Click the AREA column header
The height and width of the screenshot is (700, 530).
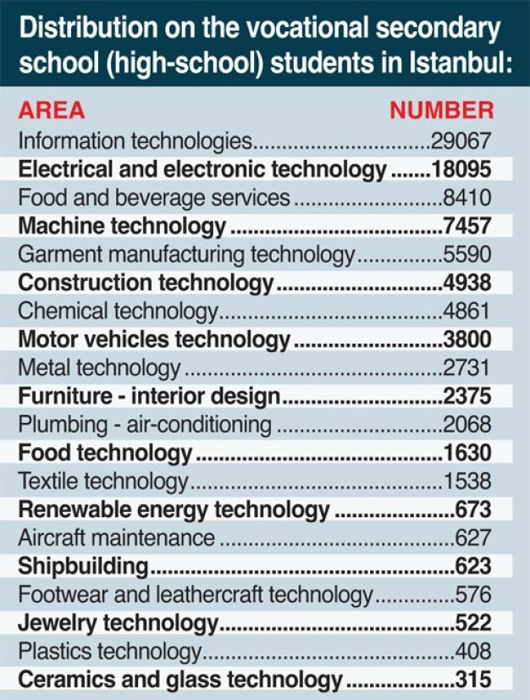tap(52, 111)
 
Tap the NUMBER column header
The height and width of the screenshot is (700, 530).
tap(440, 111)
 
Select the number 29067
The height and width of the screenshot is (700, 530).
tap(461, 141)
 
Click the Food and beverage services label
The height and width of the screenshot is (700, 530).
tap(154, 198)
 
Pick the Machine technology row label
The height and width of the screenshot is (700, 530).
tap(122, 226)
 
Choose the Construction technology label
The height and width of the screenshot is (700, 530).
tap(146, 283)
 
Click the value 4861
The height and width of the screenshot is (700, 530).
tap(467, 311)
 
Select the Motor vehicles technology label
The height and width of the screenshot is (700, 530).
tap(154, 339)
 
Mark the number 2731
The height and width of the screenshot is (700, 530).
tap(467, 368)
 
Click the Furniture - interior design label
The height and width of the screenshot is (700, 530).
tap(149, 396)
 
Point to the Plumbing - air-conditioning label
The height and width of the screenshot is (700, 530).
tap(145, 424)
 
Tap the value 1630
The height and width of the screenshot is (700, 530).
tap(467, 453)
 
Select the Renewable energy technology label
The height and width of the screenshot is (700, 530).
tap(174, 510)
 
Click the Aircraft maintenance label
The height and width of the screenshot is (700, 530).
tap(117, 537)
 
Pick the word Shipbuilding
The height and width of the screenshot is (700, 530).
tap(84, 566)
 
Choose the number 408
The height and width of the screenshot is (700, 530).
tap(472, 652)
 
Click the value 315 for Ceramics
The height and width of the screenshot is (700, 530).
tap(472, 680)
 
